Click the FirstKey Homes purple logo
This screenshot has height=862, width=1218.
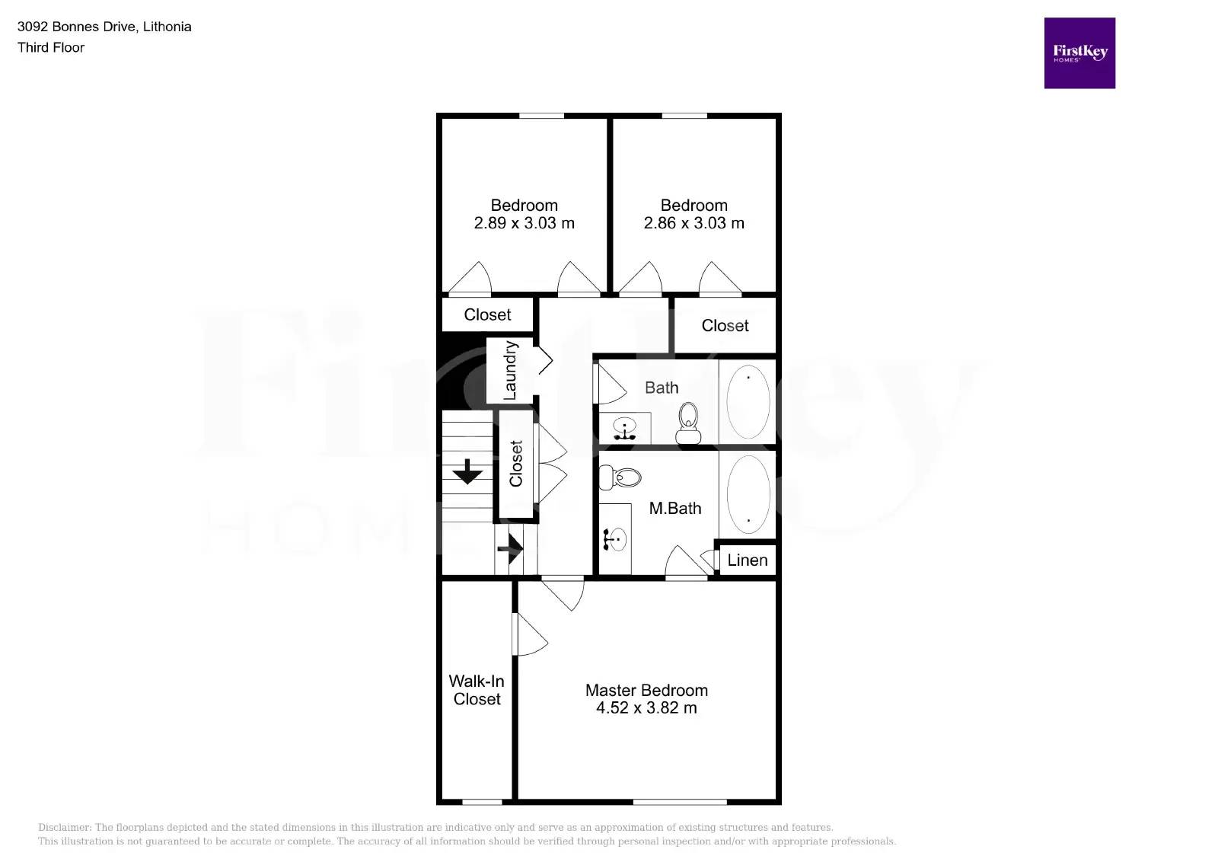pos(1079,53)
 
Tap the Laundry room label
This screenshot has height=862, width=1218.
pos(510,370)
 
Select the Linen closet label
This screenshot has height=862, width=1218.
pos(747,560)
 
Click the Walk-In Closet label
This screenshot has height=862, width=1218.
pos(477,690)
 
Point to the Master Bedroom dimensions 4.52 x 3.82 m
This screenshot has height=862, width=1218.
pos(646,708)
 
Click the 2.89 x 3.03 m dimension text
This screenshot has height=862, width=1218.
pos(524,223)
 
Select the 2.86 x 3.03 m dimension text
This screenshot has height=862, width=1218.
pos(693,223)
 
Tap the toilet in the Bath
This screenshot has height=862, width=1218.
pos(688,423)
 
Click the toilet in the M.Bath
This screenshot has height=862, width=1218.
pos(620,477)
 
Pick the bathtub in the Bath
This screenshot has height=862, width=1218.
pos(748,401)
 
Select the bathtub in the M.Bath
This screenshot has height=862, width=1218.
pos(748,493)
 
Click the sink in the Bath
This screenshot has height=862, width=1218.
pos(625,429)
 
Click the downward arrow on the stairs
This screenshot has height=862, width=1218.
pos(467,472)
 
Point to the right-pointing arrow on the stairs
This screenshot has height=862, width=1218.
pos(511,548)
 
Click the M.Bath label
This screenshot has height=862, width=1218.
pos(674,509)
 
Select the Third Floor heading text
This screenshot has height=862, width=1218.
pos(51,47)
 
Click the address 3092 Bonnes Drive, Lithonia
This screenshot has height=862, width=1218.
pos(104,27)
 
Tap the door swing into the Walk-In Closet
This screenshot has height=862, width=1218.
pos(531,634)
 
